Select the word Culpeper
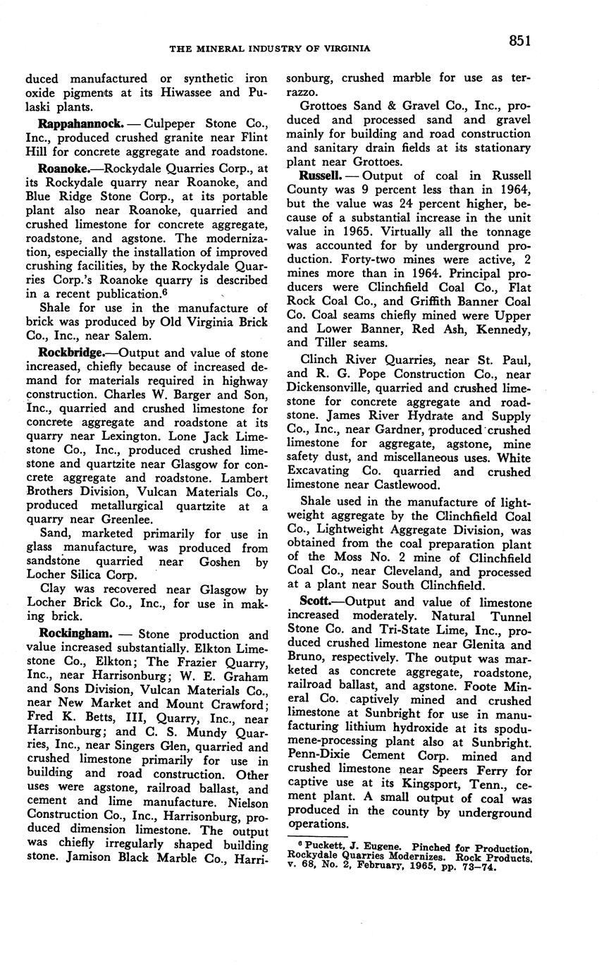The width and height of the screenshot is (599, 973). click(171, 123)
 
